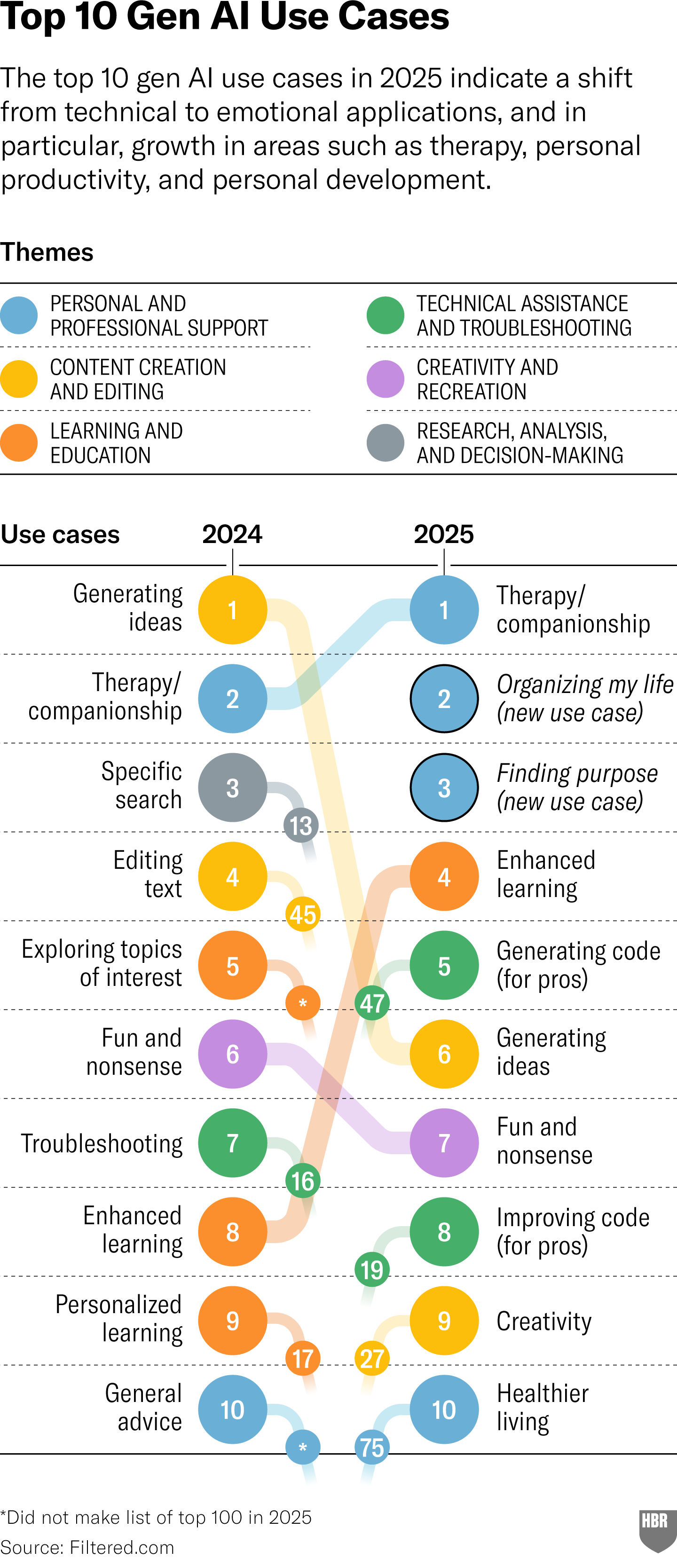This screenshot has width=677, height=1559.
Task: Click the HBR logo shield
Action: (x=657, y=1529)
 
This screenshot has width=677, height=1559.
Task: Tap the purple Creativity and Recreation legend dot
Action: (x=386, y=379)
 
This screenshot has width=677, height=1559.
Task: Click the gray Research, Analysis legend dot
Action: (x=386, y=443)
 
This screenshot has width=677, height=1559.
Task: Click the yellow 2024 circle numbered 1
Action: (x=232, y=610)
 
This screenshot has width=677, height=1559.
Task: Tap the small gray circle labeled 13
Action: (x=301, y=826)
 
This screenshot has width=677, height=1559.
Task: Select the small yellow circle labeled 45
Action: (x=302, y=914)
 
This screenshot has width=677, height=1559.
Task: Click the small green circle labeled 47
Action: (x=371, y=1003)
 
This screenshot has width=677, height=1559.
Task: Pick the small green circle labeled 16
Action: (x=302, y=1181)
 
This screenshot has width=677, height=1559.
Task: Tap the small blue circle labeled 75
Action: (x=371, y=1448)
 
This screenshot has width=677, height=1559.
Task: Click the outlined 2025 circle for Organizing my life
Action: (x=444, y=699)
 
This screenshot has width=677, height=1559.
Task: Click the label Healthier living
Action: (x=542, y=1408)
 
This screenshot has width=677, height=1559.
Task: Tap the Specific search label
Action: (x=141, y=786)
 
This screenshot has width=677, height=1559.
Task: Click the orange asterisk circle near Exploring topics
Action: (x=302, y=1003)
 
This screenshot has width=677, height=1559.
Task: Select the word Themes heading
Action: (x=47, y=252)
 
